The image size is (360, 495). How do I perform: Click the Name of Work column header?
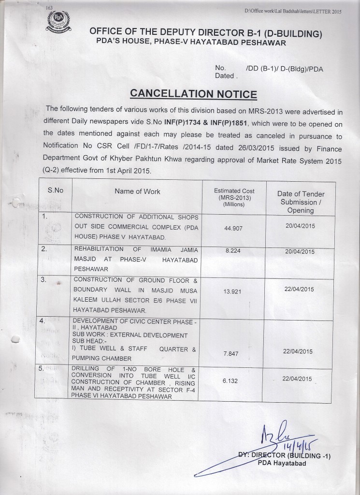pos(138,191)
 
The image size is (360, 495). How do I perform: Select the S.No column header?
pos(56,190)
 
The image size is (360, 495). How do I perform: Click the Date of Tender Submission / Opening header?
pos(301,202)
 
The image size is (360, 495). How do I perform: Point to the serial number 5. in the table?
pos(43,368)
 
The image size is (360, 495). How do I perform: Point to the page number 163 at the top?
pos(49,8)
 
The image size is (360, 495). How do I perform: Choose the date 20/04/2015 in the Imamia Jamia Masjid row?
pos(300,252)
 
